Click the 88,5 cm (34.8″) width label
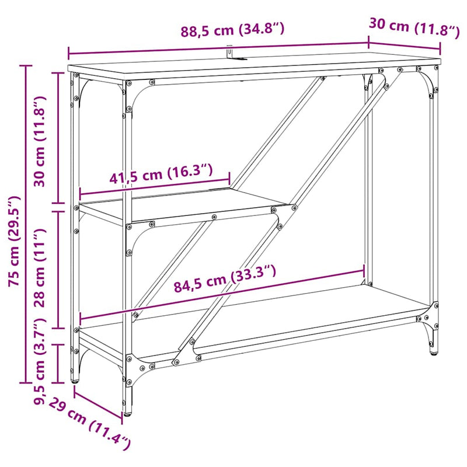pyautogui.click(x=232, y=30)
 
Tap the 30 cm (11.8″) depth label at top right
pyautogui.click(x=413, y=27)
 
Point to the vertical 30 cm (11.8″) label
pyautogui.click(x=40, y=140)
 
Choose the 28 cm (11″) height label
pyautogui.click(x=40, y=269)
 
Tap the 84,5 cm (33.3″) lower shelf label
pyautogui.click(x=224, y=278)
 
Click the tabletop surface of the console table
pyautogui.click(x=257, y=64)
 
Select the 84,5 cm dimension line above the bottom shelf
pyautogui.click(x=222, y=295)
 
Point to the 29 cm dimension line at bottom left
pyautogui.click(x=98, y=403)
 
